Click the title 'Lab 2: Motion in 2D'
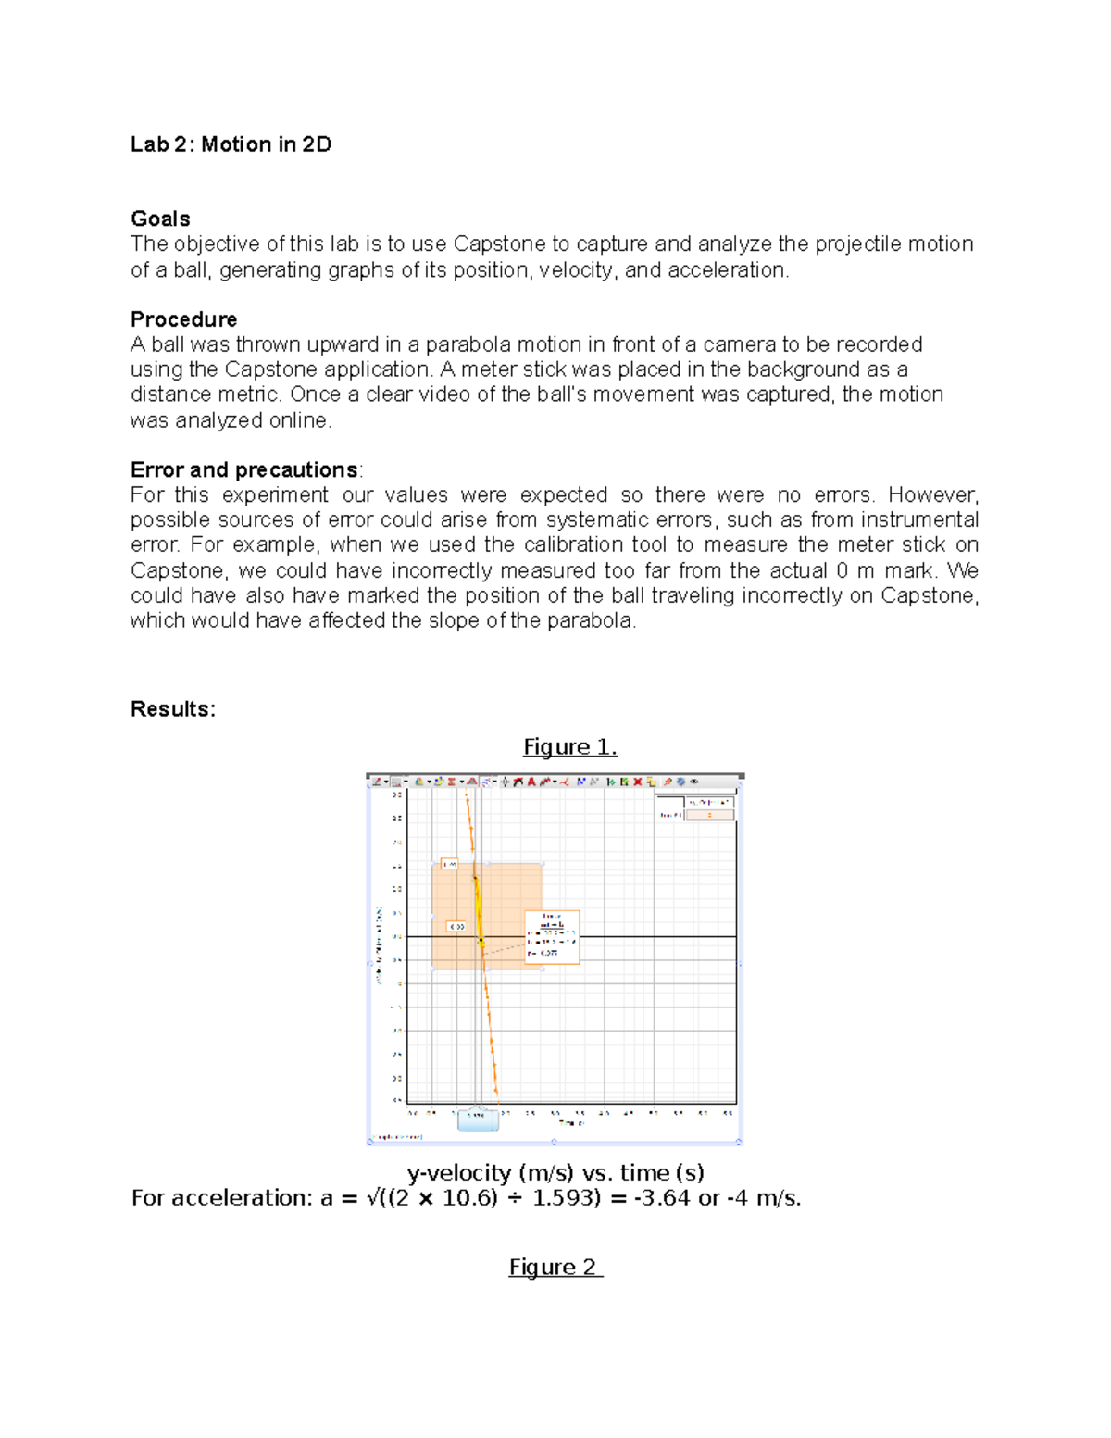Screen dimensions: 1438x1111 pyautogui.click(x=231, y=144)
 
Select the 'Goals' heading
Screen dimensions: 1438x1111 pyautogui.click(x=160, y=219)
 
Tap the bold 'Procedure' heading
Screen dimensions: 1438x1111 pyautogui.click(x=183, y=319)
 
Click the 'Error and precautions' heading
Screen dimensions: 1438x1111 pyautogui.click(x=244, y=469)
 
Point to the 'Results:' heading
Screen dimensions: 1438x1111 pyautogui.click(x=173, y=709)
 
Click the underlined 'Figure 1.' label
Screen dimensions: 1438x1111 pyautogui.click(x=569, y=747)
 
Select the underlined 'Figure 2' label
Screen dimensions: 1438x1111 pyautogui.click(x=555, y=1267)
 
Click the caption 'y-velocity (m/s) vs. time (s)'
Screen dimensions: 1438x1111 pyautogui.click(x=555, y=1173)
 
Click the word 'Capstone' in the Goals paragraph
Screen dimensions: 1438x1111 pyautogui.click(x=499, y=244)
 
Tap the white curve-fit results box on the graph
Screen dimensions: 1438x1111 pyautogui.click(x=552, y=937)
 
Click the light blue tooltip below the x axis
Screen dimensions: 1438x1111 pyautogui.click(x=478, y=1118)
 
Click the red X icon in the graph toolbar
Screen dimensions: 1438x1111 pyautogui.click(x=637, y=782)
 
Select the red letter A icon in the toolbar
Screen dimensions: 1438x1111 pyautogui.click(x=531, y=782)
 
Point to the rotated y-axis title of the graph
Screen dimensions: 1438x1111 pyautogui.click(x=379, y=944)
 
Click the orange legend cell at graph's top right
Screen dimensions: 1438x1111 pyautogui.click(x=709, y=815)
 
